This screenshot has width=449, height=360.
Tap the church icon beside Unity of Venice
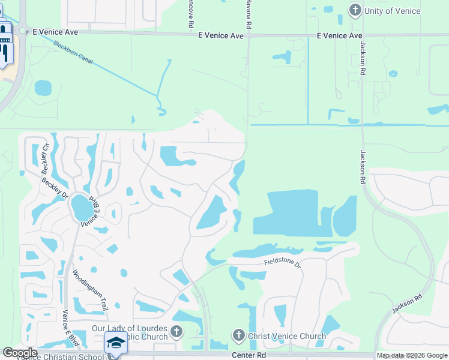(x=355, y=10)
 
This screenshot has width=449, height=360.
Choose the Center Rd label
(x=249, y=355)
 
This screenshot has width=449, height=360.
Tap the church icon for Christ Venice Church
(x=238, y=335)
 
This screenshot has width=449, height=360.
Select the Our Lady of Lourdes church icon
(x=176, y=331)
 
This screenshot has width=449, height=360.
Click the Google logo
(x=20, y=353)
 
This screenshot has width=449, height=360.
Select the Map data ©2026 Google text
(x=412, y=355)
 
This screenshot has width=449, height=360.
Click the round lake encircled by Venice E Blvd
(x=82, y=208)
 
